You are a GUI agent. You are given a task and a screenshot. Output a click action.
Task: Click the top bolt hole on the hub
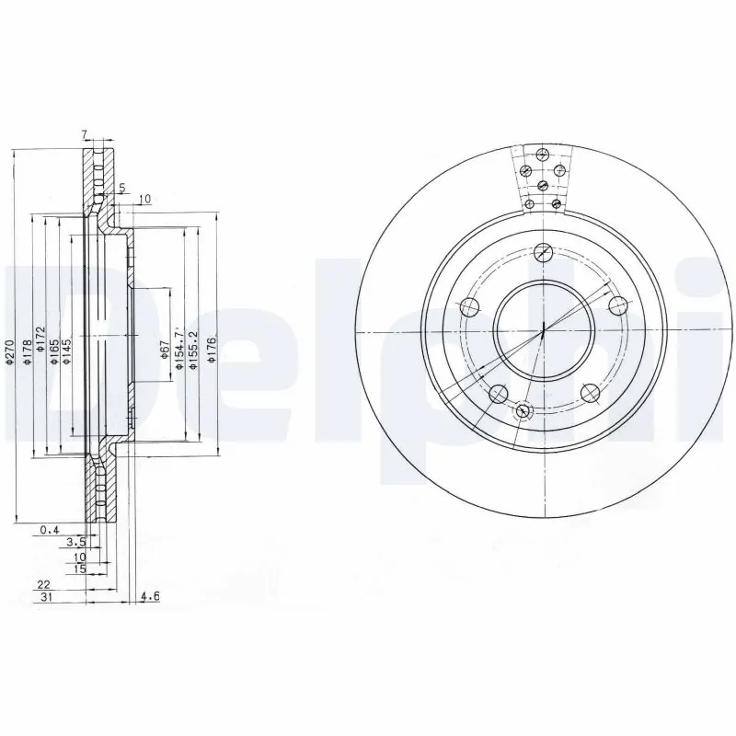click(x=543, y=250)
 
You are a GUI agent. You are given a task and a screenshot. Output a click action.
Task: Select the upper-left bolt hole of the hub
click(x=469, y=306)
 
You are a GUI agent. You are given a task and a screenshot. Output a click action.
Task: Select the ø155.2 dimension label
click(x=191, y=351)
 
